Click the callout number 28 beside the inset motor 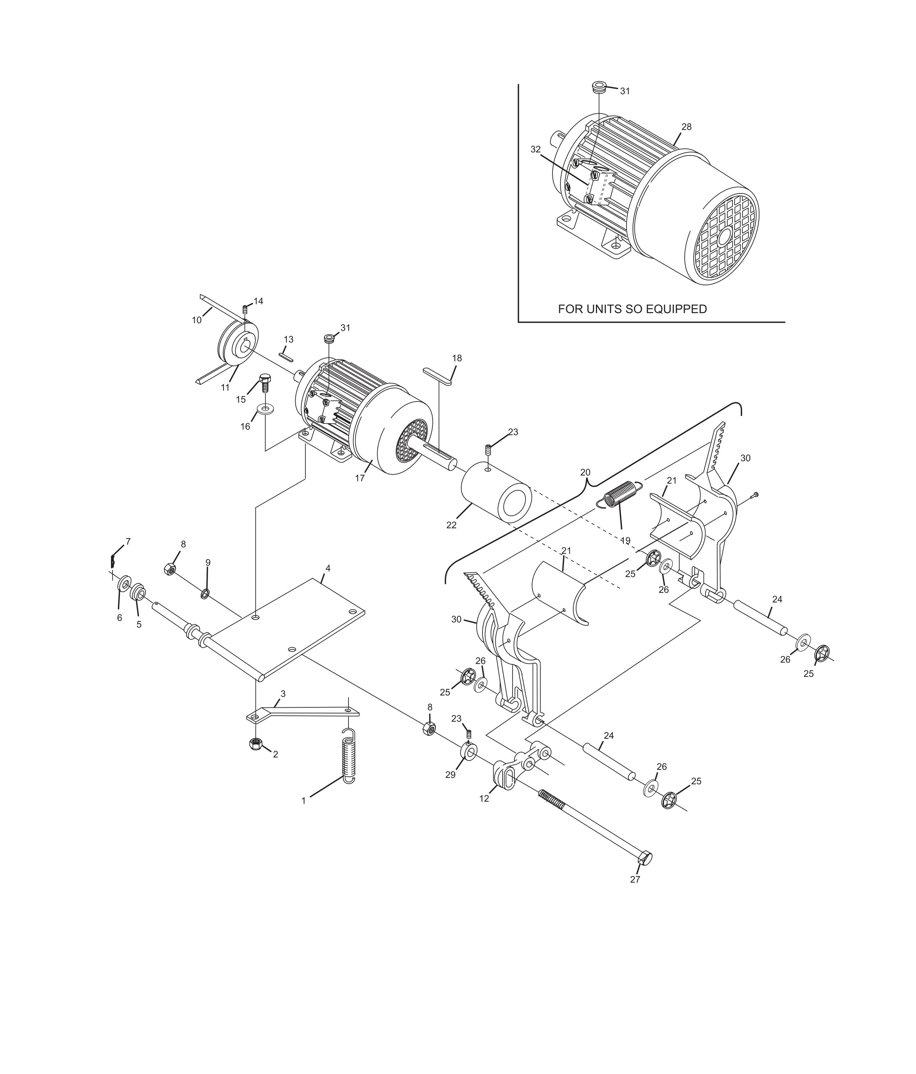click(x=686, y=127)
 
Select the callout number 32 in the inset click(x=535, y=149)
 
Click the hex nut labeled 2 click(x=255, y=744)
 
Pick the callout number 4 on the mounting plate click(x=328, y=568)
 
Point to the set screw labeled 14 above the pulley click(x=245, y=310)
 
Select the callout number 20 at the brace click(x=585, y=472)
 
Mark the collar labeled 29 click(x=469, y=751)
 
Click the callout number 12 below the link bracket click(x=484, y=799)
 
